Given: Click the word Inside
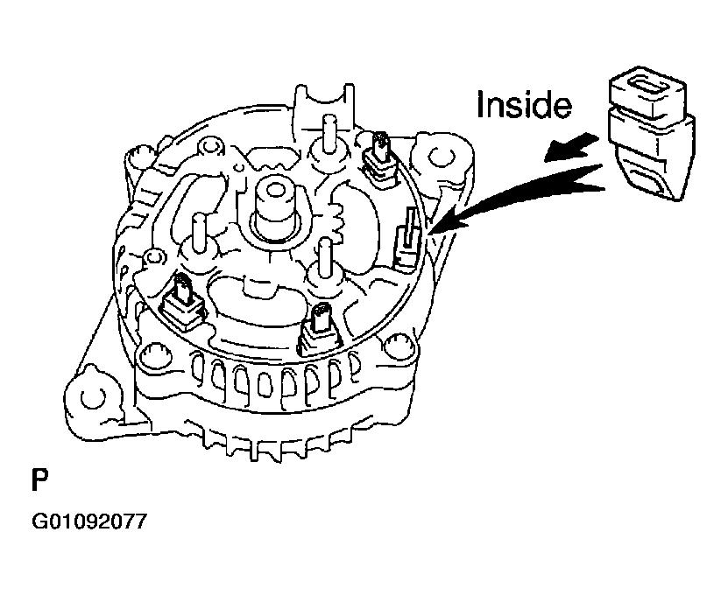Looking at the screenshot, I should [523, 106].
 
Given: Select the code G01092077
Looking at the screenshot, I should [87, 523].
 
